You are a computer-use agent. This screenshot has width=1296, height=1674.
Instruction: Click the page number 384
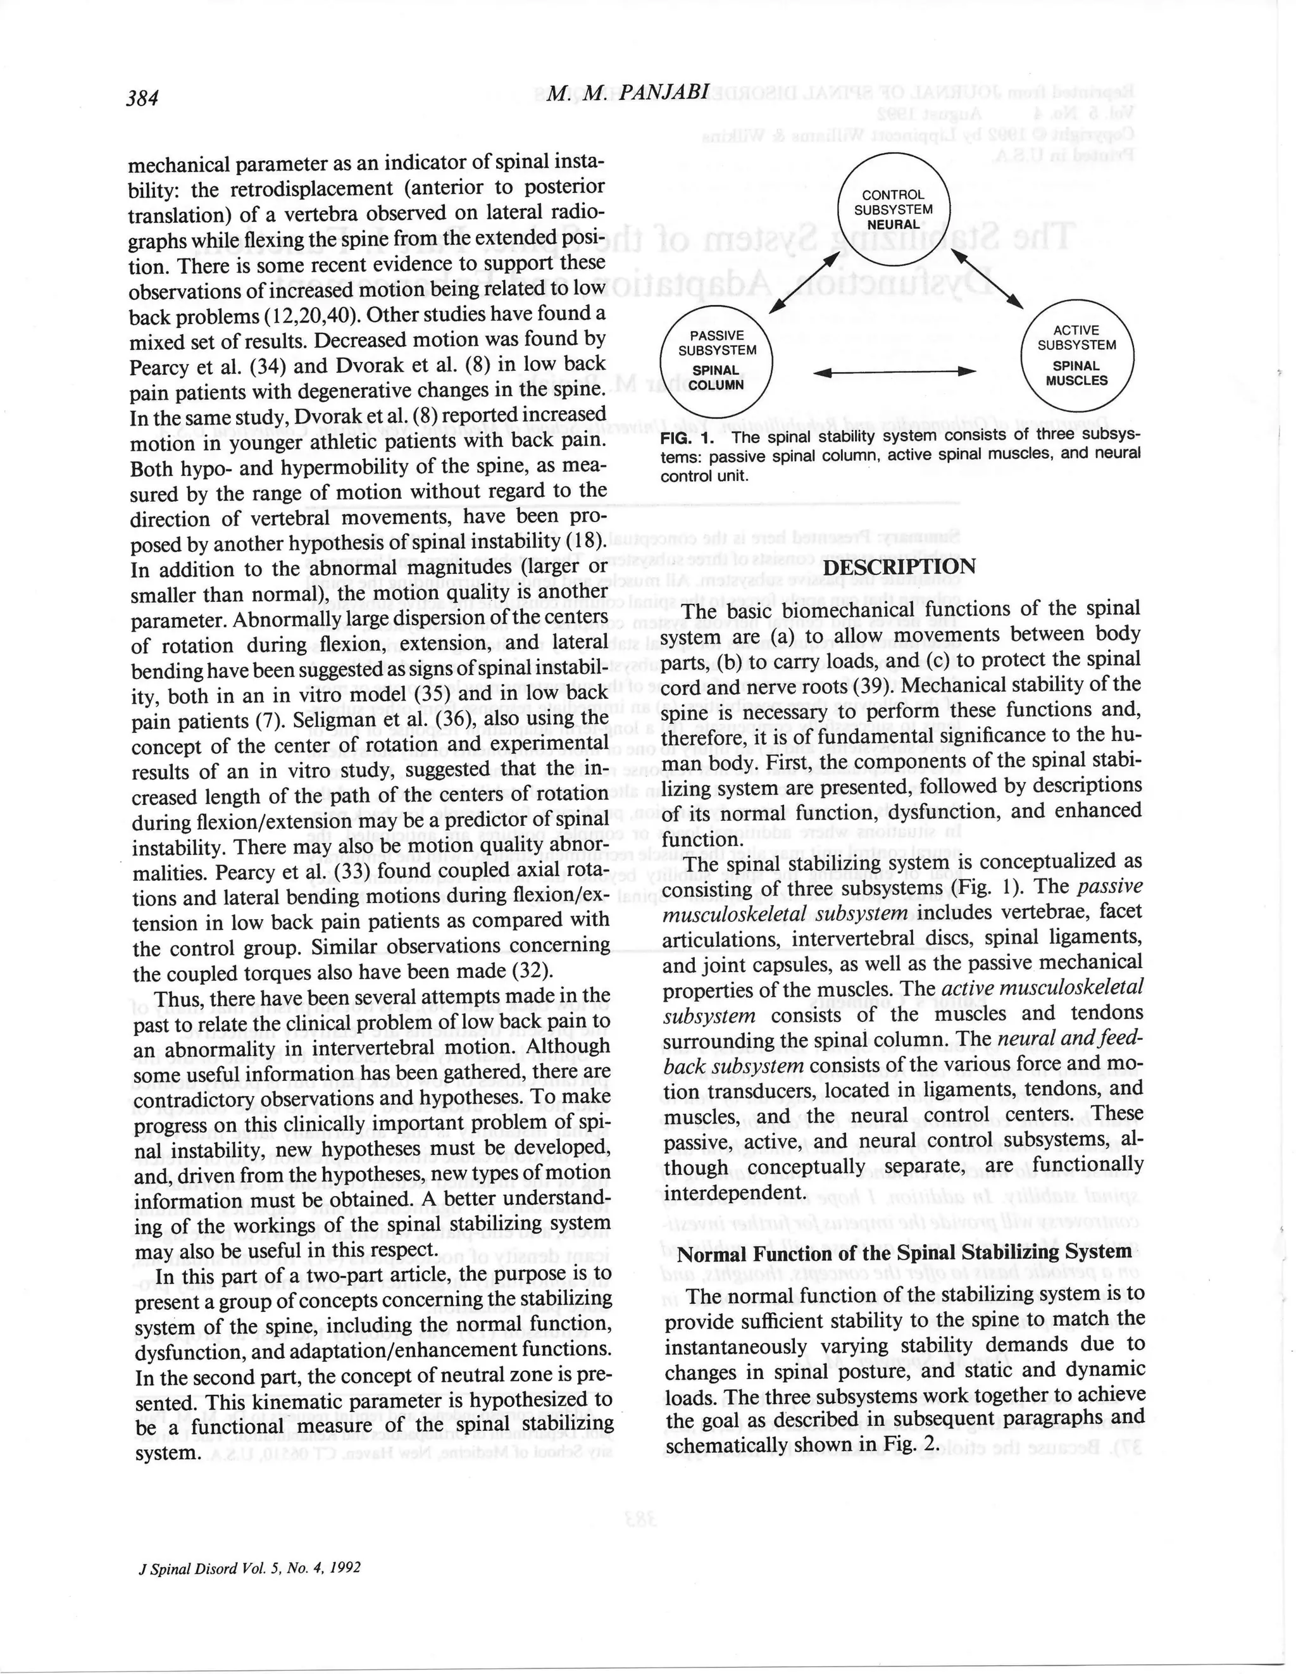click(x=142, y=97)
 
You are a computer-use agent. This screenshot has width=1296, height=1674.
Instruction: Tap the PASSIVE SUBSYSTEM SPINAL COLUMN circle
click(x=716, y=359)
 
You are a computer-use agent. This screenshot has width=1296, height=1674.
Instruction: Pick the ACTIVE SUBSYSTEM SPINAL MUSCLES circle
click(x=1077, y=356)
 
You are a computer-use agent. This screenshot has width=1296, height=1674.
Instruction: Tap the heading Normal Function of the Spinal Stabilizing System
click(x=904, y=1252)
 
